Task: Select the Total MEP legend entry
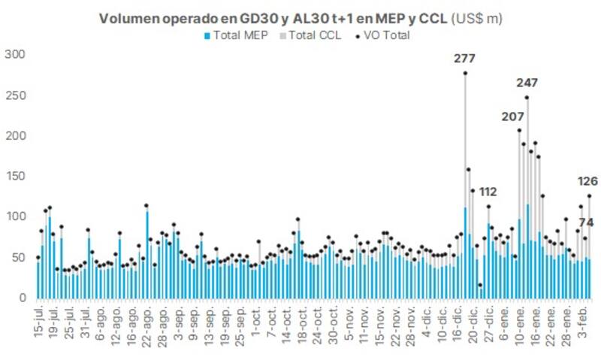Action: click(236, 35)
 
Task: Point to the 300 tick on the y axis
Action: click(15, 55)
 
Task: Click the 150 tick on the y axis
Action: click(15, 177)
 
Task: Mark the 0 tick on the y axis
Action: click(21, 298)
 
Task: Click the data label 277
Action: click(465, 59)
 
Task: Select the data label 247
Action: click(527, 83)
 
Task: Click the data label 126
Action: click(587, 181)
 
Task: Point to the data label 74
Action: click(586, 222)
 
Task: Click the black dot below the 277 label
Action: click(465, 73)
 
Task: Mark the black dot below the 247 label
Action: click(527, 97)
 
